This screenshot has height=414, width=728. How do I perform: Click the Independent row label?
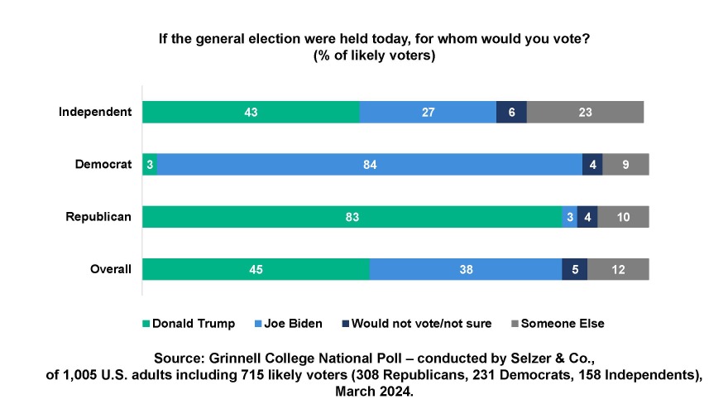pos(95,112)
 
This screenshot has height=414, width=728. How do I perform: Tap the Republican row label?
pos(98,217)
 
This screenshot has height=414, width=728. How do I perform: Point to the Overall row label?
pos(111,269)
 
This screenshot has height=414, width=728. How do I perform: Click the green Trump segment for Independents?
pos(251,112)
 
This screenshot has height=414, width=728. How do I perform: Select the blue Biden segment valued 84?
pos(369,164)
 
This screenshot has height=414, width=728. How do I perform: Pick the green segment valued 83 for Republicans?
pos(352,217)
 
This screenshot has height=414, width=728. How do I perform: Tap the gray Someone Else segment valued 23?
pos(585,112)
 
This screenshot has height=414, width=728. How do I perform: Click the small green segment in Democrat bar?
pos(150,164)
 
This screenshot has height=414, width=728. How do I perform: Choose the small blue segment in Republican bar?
pos(569,217)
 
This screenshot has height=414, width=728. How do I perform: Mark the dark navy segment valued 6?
pos(511,112)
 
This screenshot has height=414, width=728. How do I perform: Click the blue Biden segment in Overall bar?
pos(466,269)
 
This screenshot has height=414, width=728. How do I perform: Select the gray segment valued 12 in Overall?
pos(618,269)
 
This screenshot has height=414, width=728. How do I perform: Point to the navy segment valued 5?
pos(574,269)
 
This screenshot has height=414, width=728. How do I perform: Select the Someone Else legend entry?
pos(558,323)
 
